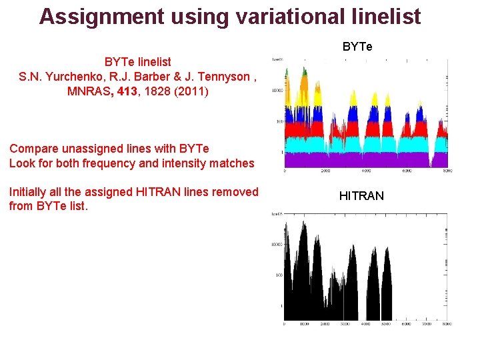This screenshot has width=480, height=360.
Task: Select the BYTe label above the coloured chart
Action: [x=357, y=47]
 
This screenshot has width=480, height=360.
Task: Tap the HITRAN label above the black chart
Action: [x=361, y=196]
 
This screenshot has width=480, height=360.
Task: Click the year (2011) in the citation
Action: [x=191, y=91]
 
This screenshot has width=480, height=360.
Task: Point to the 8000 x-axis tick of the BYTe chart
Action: [x=447, y=171]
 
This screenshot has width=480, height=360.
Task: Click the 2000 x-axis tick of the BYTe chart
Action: [x=325, y=171]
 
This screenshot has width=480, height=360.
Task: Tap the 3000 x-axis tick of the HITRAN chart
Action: [x=345, y=324]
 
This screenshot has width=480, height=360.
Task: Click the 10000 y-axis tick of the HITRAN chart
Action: [x=276, y=245]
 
